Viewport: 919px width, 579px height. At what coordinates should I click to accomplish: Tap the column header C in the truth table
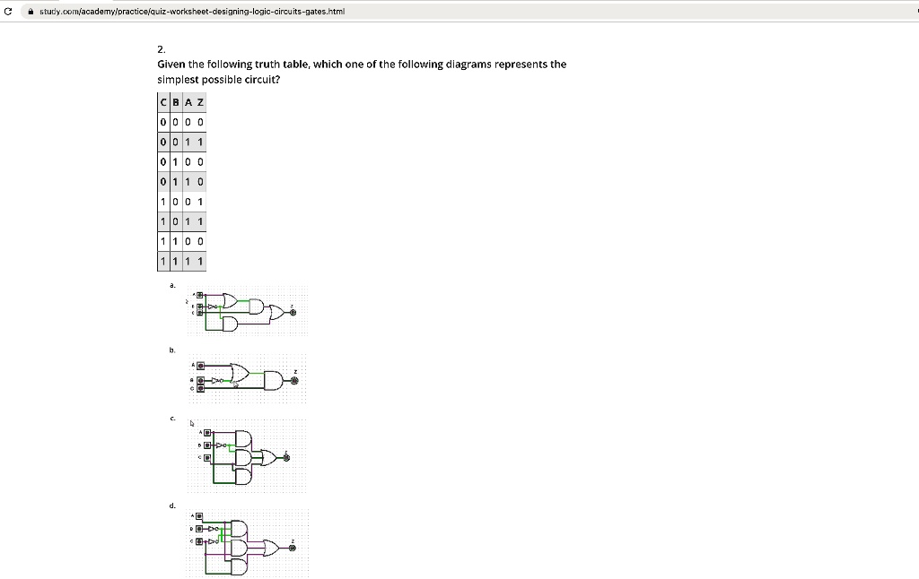point(162,103)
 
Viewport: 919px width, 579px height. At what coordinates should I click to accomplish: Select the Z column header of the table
point(200,103)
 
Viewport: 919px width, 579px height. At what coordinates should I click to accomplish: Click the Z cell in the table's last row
point(200,261)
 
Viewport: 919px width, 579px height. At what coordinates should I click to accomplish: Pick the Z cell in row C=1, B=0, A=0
point(200,202)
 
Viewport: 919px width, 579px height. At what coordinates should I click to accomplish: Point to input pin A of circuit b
point(201,366)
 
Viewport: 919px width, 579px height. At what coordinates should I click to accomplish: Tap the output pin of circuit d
point(292,549)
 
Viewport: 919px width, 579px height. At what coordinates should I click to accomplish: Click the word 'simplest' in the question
point(179,79)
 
